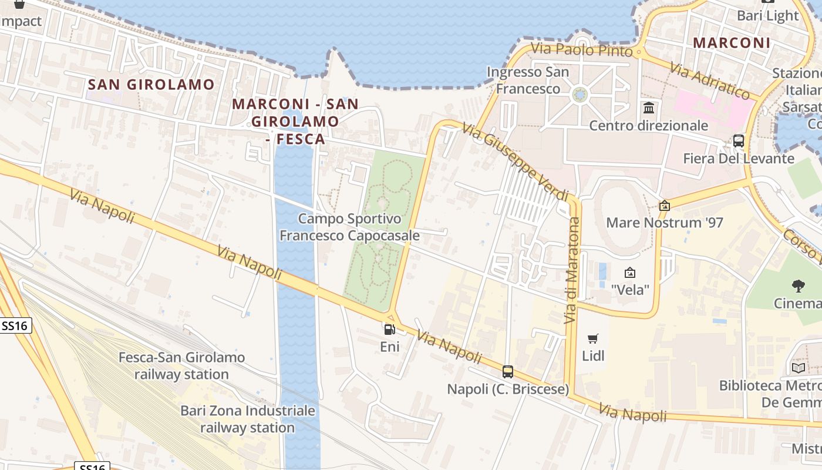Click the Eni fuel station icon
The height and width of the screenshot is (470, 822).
(389, 330)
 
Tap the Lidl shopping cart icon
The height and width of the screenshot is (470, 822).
(592, 338)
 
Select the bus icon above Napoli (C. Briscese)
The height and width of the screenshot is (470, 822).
(508, 371)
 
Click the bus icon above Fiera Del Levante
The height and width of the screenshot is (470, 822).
(739, 141)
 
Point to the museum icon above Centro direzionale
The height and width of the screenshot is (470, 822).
(649, 108)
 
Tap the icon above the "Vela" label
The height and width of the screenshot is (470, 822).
(630, 273)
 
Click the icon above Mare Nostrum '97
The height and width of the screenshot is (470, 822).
(665, 206)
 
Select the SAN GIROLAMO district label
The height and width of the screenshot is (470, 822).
(151, 85)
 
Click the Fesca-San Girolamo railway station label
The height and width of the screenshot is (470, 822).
(181, 365)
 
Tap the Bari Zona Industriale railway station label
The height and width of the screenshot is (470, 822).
(248, 419)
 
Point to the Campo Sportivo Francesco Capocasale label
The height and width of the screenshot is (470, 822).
(349, 227)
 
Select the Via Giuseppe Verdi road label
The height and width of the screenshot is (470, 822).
(516, 162)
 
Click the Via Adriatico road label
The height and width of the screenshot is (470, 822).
(709, 81)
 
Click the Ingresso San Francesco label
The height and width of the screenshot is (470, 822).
(528, 80)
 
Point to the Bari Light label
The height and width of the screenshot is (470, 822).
(768, 16)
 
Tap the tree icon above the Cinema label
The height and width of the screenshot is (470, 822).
(798, 286)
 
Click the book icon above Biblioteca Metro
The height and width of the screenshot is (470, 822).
(799, 368)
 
